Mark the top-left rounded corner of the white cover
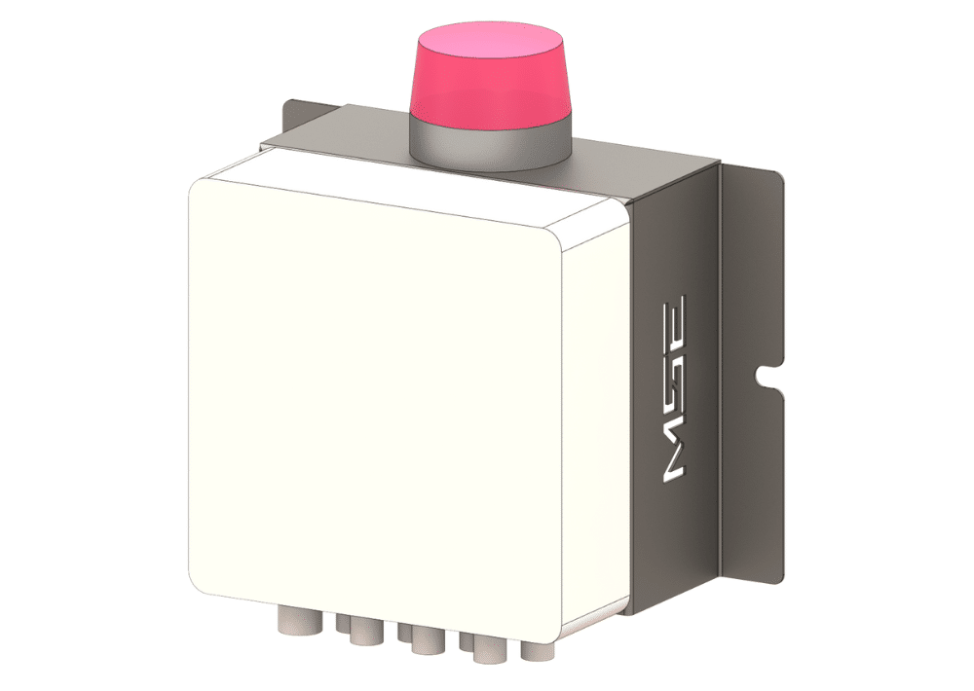[199, 188]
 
